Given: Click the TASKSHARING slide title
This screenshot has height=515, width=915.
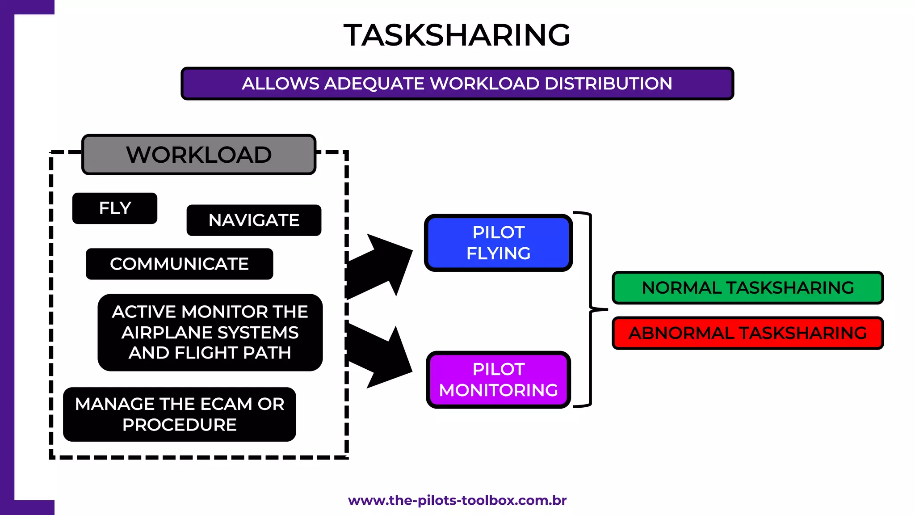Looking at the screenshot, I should [457, 35].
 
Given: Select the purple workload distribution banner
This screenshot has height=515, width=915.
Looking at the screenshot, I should [457, 84].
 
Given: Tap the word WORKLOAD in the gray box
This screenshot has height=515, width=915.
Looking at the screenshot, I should [199, 155].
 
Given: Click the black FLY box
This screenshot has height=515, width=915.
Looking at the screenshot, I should [115, 208].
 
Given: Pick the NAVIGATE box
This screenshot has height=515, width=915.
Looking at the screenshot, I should [254, 220].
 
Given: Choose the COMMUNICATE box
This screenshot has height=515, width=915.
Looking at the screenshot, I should [179, 264].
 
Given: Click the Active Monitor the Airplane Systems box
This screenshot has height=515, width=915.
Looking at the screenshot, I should [210, 332].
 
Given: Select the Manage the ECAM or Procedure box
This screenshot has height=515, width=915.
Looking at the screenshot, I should [179, 414].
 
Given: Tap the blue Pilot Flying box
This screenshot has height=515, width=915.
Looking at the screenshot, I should [498, 243].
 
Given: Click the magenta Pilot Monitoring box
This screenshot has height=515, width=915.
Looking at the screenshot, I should [498, 380].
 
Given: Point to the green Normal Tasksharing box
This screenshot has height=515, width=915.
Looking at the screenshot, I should [747, 287].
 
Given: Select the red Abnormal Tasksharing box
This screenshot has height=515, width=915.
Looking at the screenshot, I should [747, 333].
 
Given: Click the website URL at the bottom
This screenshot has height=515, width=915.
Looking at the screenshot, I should [457, 500].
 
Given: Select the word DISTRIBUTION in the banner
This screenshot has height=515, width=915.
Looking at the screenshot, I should [608, 84].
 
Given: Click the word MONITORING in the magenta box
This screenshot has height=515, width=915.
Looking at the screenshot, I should [498, 390].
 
